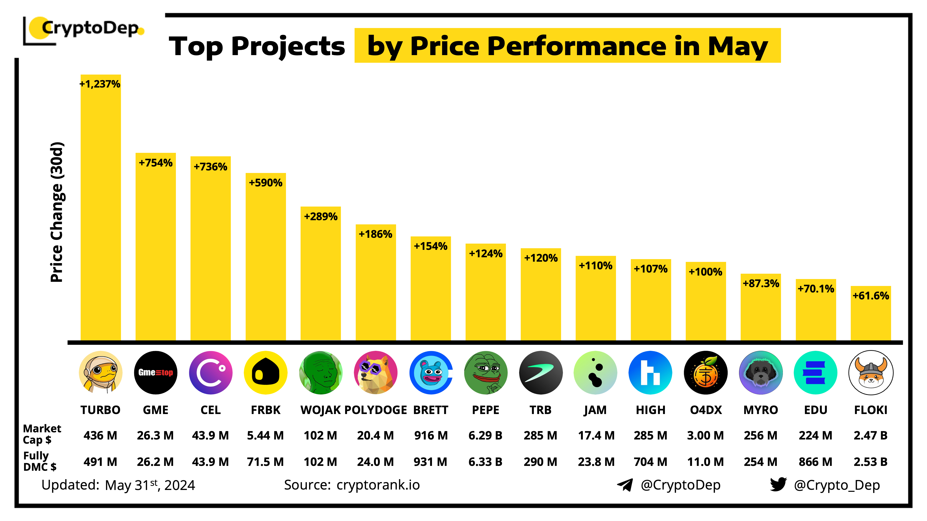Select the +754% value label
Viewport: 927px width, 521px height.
[x=156, y=163]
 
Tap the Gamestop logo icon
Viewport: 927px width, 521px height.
[x=156, y=373]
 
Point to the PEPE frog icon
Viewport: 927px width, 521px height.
[x=486, y=373]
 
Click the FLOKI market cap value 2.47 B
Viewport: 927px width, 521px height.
[x=870, y=435]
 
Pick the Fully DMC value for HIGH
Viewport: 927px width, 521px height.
[x=650, y=462]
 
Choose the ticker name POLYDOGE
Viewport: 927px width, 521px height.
[x=375, y=410]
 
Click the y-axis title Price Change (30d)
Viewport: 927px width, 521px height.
[x=57, y=212]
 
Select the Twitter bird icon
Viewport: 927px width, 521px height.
[x=778, y=484]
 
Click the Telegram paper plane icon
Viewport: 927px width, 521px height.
[x=625, y=485]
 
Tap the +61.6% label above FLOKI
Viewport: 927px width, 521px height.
[x=870, y=295]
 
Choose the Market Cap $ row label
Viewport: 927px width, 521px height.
[x=41, y=434]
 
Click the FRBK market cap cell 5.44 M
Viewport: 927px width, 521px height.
[x=265, y=435]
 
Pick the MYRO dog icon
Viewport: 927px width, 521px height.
[x=760, y=373]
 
